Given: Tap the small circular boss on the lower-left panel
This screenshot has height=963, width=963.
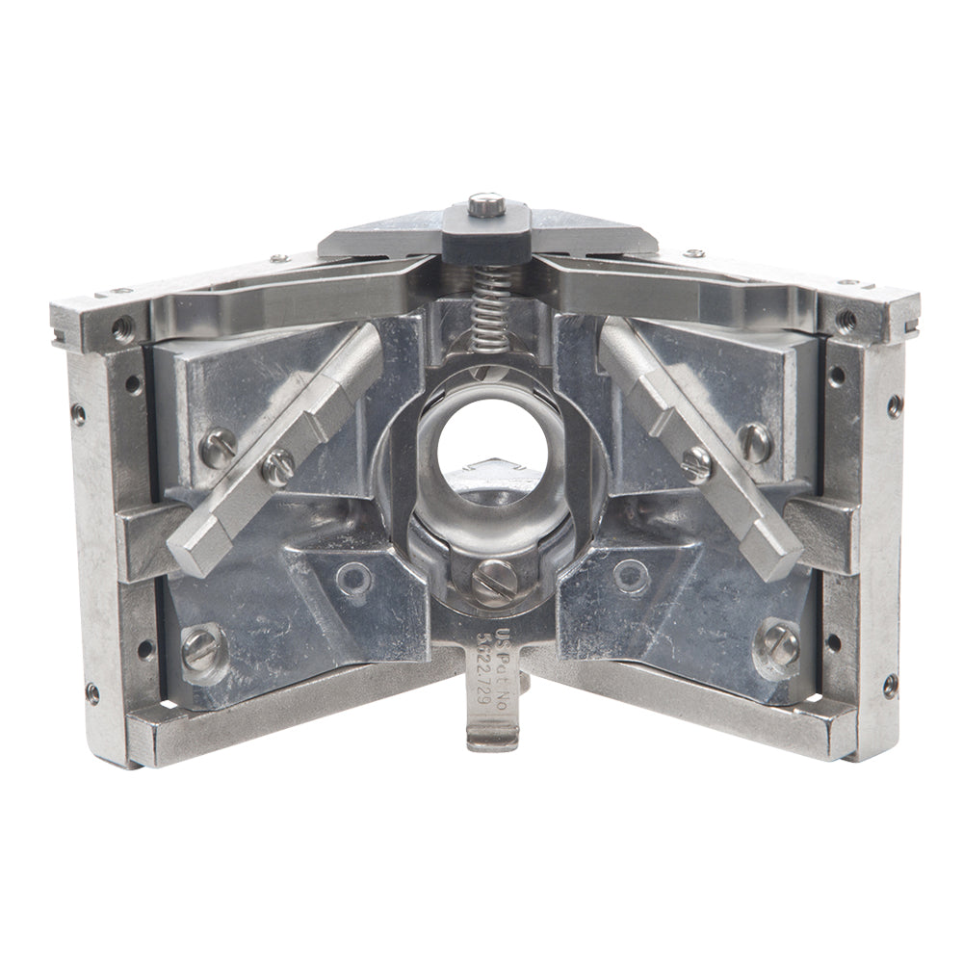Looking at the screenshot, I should click(x=354, y=578).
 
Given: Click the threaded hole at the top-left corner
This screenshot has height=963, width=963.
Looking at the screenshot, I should click(x=120, y=325).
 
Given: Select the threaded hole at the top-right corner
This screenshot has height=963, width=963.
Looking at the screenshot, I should click(x=845, y=317).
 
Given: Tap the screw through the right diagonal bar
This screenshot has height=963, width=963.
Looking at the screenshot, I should click(x=698, y=462).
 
